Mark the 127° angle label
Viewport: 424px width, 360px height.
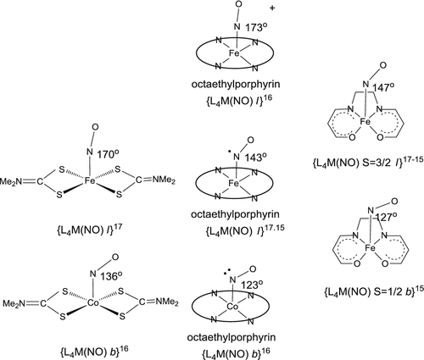(369, 214)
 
